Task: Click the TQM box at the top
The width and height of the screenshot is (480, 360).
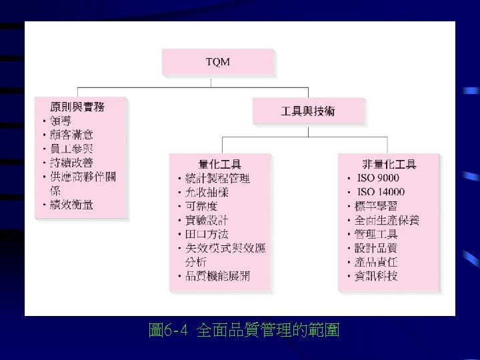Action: pyautogui.click(x=218, y=62)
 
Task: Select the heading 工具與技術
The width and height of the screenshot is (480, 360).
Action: pyautogui.click(x=308, y=111)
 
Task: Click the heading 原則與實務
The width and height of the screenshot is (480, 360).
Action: pyautogui.click(x=77, y=107)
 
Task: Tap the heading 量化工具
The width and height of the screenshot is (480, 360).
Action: pyautogui.click(x=220, y=164)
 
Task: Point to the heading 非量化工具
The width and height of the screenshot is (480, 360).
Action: pyautogui.click(x=389, y=164)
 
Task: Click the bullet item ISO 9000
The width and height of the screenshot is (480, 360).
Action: pyautogui.click(x=378, y=178)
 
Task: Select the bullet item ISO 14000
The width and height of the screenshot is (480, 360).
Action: pyautogui.click(x=381, y=192)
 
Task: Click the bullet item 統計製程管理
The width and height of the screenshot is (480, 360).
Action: pyautogui.click(x=217, y=178)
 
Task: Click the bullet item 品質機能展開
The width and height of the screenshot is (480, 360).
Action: pyautogui.click(x=217, y=276)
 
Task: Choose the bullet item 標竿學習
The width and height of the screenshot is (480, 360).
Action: pyautogui.click(x=377, y=206)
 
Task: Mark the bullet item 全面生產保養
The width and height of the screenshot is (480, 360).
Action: pyautogui.click(x=387, y=220)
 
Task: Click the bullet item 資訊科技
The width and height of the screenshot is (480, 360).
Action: pyautogui.click(x=377, y=276)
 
